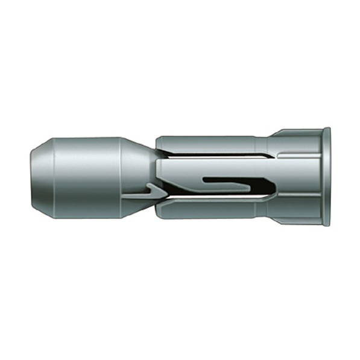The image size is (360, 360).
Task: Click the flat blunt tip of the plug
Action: point(33,177)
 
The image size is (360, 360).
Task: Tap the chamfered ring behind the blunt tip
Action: point(43,177)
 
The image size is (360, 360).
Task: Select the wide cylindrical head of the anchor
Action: point(87,177)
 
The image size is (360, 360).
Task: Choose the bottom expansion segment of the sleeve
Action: point(205,209)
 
